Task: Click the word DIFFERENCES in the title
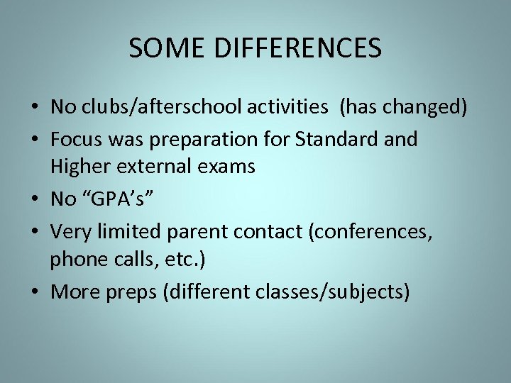(x=296, y=48)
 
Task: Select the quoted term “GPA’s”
(x=116, y=200)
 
